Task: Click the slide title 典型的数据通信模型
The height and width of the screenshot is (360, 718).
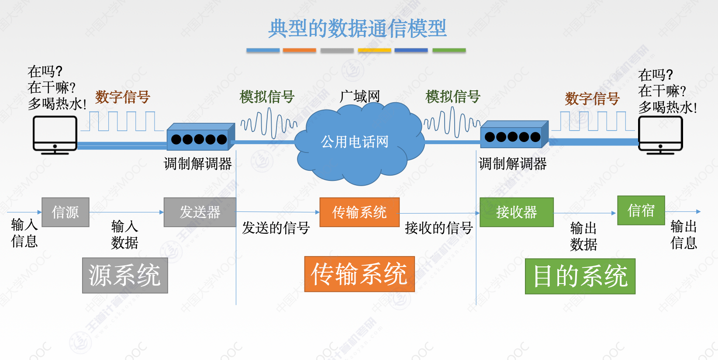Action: (x=357, y=28)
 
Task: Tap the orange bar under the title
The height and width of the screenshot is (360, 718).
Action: (x=299, y=51)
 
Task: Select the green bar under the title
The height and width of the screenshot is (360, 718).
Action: (x=449, y=51)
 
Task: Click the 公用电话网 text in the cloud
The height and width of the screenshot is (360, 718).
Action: (x=355, y=142)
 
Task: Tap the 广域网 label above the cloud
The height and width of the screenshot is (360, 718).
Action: (x=360, y=96)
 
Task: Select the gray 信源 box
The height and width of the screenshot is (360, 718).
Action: (x=66, y=212)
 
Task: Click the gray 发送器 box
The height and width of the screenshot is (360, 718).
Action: (x=200, y=212)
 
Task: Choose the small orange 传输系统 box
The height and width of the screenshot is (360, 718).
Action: (x=359, y=212)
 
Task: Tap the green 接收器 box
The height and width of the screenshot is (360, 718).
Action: (x=516, y=212)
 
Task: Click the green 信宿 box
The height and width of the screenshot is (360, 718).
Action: (x=641, y=211)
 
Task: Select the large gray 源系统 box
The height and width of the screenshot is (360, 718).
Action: (x=125, y=275)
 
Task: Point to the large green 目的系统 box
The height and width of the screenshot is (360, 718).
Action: (x=580, y=276)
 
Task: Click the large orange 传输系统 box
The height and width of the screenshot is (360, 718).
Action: (x=359, y=274)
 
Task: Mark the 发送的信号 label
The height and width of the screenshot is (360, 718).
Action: (x=276, y=228)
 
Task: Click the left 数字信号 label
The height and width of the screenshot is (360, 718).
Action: (x=123, y=97)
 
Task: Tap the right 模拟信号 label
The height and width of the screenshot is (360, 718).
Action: (x=453, y=96)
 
